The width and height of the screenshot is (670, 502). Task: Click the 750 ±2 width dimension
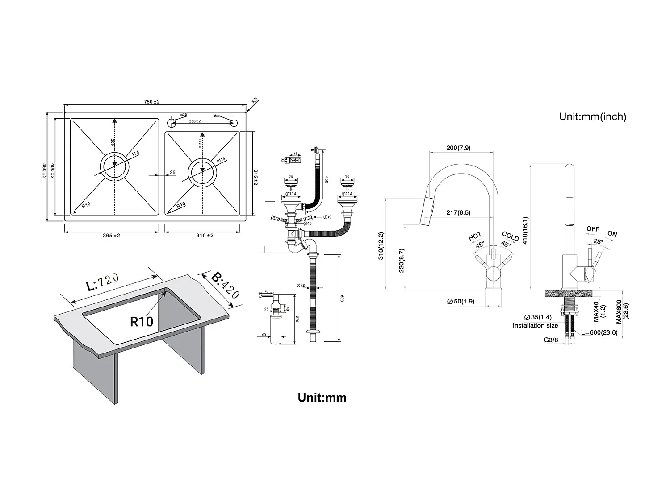point(152,102)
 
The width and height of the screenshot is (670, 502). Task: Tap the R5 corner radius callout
point(255,101)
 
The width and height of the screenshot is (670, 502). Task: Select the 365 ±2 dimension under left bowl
point(111,236)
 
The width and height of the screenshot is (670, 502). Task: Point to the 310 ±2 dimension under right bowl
point(205,236)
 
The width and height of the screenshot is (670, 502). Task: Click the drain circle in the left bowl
point(115,165)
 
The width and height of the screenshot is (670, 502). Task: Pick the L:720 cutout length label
point(103,282)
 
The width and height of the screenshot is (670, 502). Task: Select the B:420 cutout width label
point(225,286)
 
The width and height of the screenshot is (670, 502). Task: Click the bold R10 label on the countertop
point(142,321)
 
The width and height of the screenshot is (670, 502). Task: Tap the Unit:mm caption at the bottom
point(322,398)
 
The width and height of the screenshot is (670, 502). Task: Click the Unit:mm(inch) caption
point(593,116)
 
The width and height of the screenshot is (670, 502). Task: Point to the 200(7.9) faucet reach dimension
point(458,148)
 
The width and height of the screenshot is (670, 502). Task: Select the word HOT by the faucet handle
point(475,236)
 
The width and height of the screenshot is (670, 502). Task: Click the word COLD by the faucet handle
point(510,236)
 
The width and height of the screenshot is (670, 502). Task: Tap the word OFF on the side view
point(593,229)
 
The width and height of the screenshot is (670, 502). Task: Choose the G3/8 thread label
point(551,340)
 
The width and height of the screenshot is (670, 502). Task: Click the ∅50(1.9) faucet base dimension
point(461,302)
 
